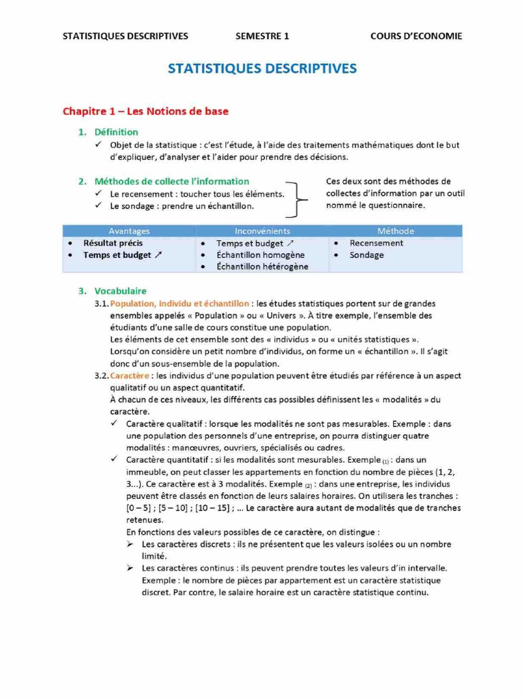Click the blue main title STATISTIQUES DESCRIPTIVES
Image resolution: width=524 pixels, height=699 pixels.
pos(262,69)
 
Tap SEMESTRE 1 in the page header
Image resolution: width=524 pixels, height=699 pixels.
pos(263,36)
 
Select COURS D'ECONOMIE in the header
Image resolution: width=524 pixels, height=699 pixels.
pos(416,36)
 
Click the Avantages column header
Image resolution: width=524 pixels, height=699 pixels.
pos(129,231)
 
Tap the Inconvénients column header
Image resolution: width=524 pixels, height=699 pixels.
pos(263,231)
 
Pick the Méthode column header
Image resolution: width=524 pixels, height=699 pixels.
pos(395,231)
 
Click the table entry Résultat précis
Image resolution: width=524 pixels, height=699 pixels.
pos(113,243)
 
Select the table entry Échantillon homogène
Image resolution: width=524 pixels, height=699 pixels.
pos(260,255)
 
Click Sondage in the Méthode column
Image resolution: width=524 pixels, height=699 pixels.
pos(366,255)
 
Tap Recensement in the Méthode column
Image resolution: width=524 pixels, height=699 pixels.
pos(376,243)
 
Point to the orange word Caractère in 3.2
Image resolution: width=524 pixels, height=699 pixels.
pos(128,375)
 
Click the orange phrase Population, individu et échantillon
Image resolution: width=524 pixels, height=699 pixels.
pos(179,302)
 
